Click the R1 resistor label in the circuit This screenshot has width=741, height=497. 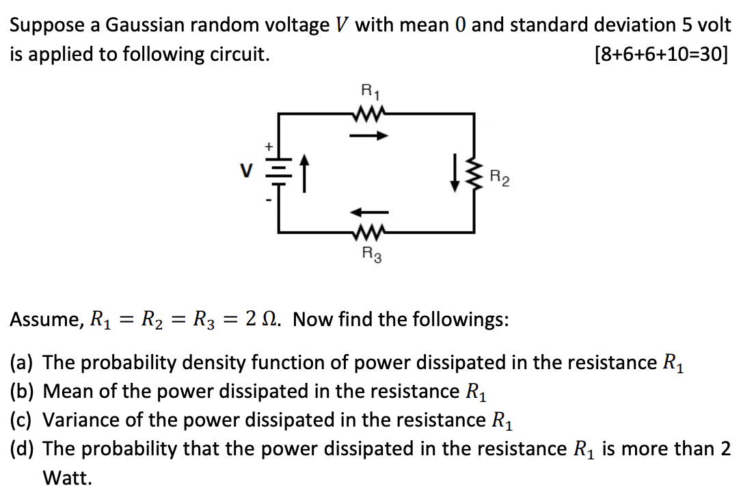tap(368, 90)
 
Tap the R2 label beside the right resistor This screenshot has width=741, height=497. tap(500, 180)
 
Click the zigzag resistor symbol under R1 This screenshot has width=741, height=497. tap(368, 113)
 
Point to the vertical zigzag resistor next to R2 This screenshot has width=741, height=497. tap(474, 175)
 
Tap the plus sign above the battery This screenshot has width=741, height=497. tap(269, 146)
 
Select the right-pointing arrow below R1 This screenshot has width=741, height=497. tap(368, 135)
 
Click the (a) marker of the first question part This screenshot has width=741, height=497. tap(23, 362)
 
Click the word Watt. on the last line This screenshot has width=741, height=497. tap(67, 478)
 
